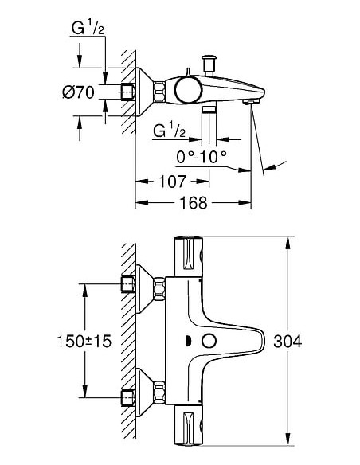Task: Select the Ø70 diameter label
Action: (x=78, y=92)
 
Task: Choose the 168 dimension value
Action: (x=192, y=204)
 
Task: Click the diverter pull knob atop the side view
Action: (x=211, y=61)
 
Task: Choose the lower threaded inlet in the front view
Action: (x=125, y=396)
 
